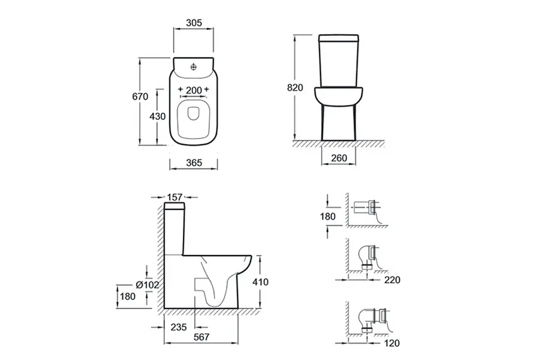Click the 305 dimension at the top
click(194, 23)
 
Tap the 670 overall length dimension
click(140, 97)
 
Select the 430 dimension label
click(158, 116)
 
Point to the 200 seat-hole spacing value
click(194, 90)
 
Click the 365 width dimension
click(194, 163)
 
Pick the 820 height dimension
click(295, 88)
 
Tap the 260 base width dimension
click(339, 158)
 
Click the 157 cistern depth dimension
click(174, 197)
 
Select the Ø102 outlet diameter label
click(147, 284)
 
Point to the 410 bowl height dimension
click(261, 282)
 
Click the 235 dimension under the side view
click(179, 327)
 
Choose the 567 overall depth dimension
click(201, 337)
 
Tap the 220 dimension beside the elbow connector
click(392, 280)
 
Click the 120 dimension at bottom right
click(392, 343)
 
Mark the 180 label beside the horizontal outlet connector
click(327, 217)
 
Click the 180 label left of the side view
click(128, 296)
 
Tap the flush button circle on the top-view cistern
click(194, 67)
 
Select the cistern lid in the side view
click(174, 206)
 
